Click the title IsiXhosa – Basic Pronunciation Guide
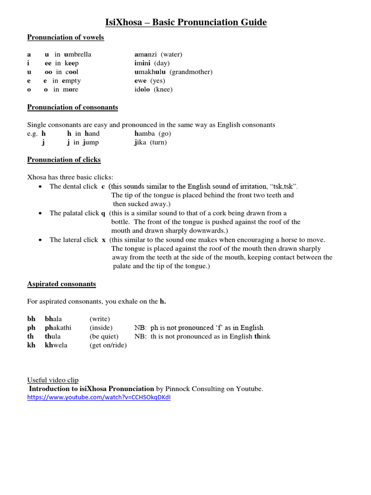click(x=185, y=22)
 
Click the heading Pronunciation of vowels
click(x=65, y=37)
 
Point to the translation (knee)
click(x=163, y=89)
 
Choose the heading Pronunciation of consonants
click(x=72, y=107)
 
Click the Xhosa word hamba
click(x=146, y=133)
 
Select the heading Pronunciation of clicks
click(x=64, y=160)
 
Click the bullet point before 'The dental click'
click(x=40, y=187)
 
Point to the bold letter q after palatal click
click(x=103, y=213)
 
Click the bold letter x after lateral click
click(x=103, y=240)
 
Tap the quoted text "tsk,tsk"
click(x=285, y=187)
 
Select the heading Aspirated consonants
click(x=61, y=284)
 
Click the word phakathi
click(x=58, y=328)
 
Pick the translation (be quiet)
click(x=104, y=336)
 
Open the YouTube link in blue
click(x=99, y=397)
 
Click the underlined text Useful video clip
click(x=53, y=380)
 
